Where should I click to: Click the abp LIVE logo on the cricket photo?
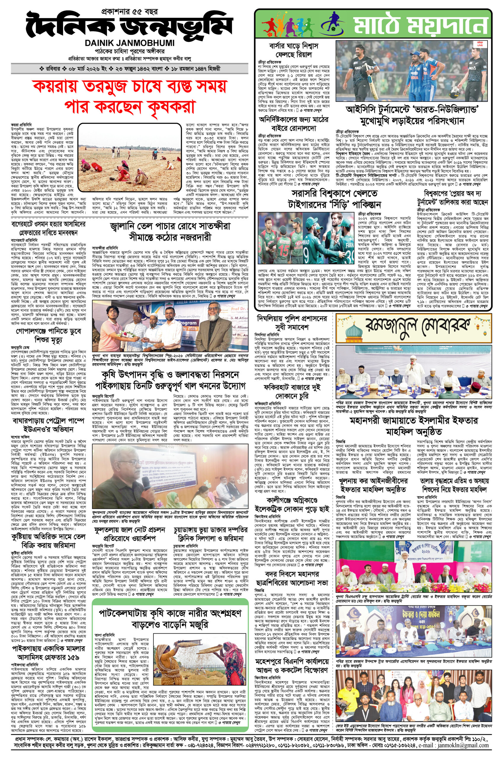click(x=479, y=47)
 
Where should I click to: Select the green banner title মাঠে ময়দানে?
click(x=417, y=24)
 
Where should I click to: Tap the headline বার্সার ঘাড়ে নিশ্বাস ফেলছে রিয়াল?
click(x=294, y=50)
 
